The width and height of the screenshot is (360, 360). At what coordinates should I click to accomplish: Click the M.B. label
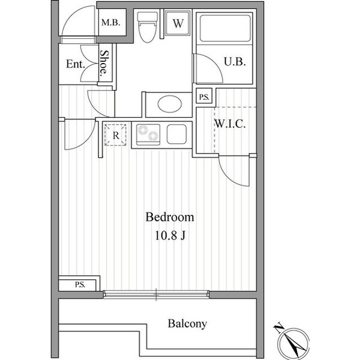[111, 23]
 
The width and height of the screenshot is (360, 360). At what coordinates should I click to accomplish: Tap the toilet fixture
[148, 27]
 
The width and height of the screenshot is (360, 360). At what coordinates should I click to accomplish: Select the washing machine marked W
[178, 23]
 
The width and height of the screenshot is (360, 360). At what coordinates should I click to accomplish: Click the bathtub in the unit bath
[225, 28]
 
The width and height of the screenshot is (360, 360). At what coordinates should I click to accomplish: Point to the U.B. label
[235, 62]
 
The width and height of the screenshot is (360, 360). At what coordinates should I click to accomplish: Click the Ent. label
[76, 64]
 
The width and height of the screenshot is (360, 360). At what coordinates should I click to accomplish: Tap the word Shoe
[104, 63]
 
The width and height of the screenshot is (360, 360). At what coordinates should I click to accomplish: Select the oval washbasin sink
[170, 104]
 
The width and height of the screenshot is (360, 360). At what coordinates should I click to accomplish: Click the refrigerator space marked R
[115, 135]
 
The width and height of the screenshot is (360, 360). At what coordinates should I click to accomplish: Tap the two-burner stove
[148, 135]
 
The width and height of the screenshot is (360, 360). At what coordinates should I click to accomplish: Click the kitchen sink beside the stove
[176, 134]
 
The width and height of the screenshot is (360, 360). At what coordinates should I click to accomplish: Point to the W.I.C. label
[230, 124]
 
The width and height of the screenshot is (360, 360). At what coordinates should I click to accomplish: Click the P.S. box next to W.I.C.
[204, 96]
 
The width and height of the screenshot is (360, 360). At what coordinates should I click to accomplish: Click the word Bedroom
[170, 217]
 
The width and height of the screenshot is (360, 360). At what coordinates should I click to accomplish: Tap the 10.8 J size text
[170, 235]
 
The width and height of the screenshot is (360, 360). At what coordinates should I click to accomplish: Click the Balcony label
[187, 324]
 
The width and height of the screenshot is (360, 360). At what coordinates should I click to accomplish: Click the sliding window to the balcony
[156, 295]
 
